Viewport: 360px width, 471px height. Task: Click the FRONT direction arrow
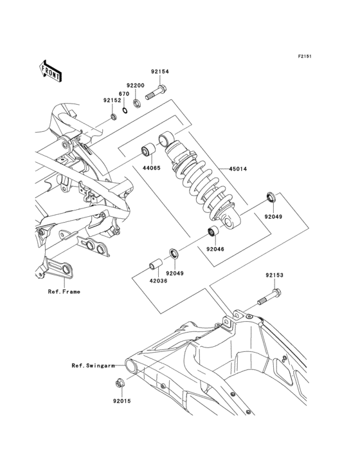point(51,71)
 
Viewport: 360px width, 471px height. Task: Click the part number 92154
point(160,71)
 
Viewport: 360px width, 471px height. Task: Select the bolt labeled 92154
point(156,92)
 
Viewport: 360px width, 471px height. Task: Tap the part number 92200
point(135,86)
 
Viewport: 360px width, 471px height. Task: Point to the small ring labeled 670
point(125,110)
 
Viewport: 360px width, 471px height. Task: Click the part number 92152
point(113,100)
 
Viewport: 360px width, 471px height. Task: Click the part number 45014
point(239,169)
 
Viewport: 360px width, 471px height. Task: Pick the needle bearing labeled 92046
point(213,232)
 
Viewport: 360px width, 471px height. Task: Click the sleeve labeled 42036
point(156,264)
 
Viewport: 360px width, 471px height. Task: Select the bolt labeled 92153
point(269,297)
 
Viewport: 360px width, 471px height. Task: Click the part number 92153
point(274,275)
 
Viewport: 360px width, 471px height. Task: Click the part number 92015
point(122,401)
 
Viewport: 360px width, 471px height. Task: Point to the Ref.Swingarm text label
point(93,365)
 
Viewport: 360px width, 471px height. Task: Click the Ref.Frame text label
point(64,291)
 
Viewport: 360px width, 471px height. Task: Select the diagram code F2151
point(305,56)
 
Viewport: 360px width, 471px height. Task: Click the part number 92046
point(215,249)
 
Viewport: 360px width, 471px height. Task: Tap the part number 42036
point(158,281)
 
